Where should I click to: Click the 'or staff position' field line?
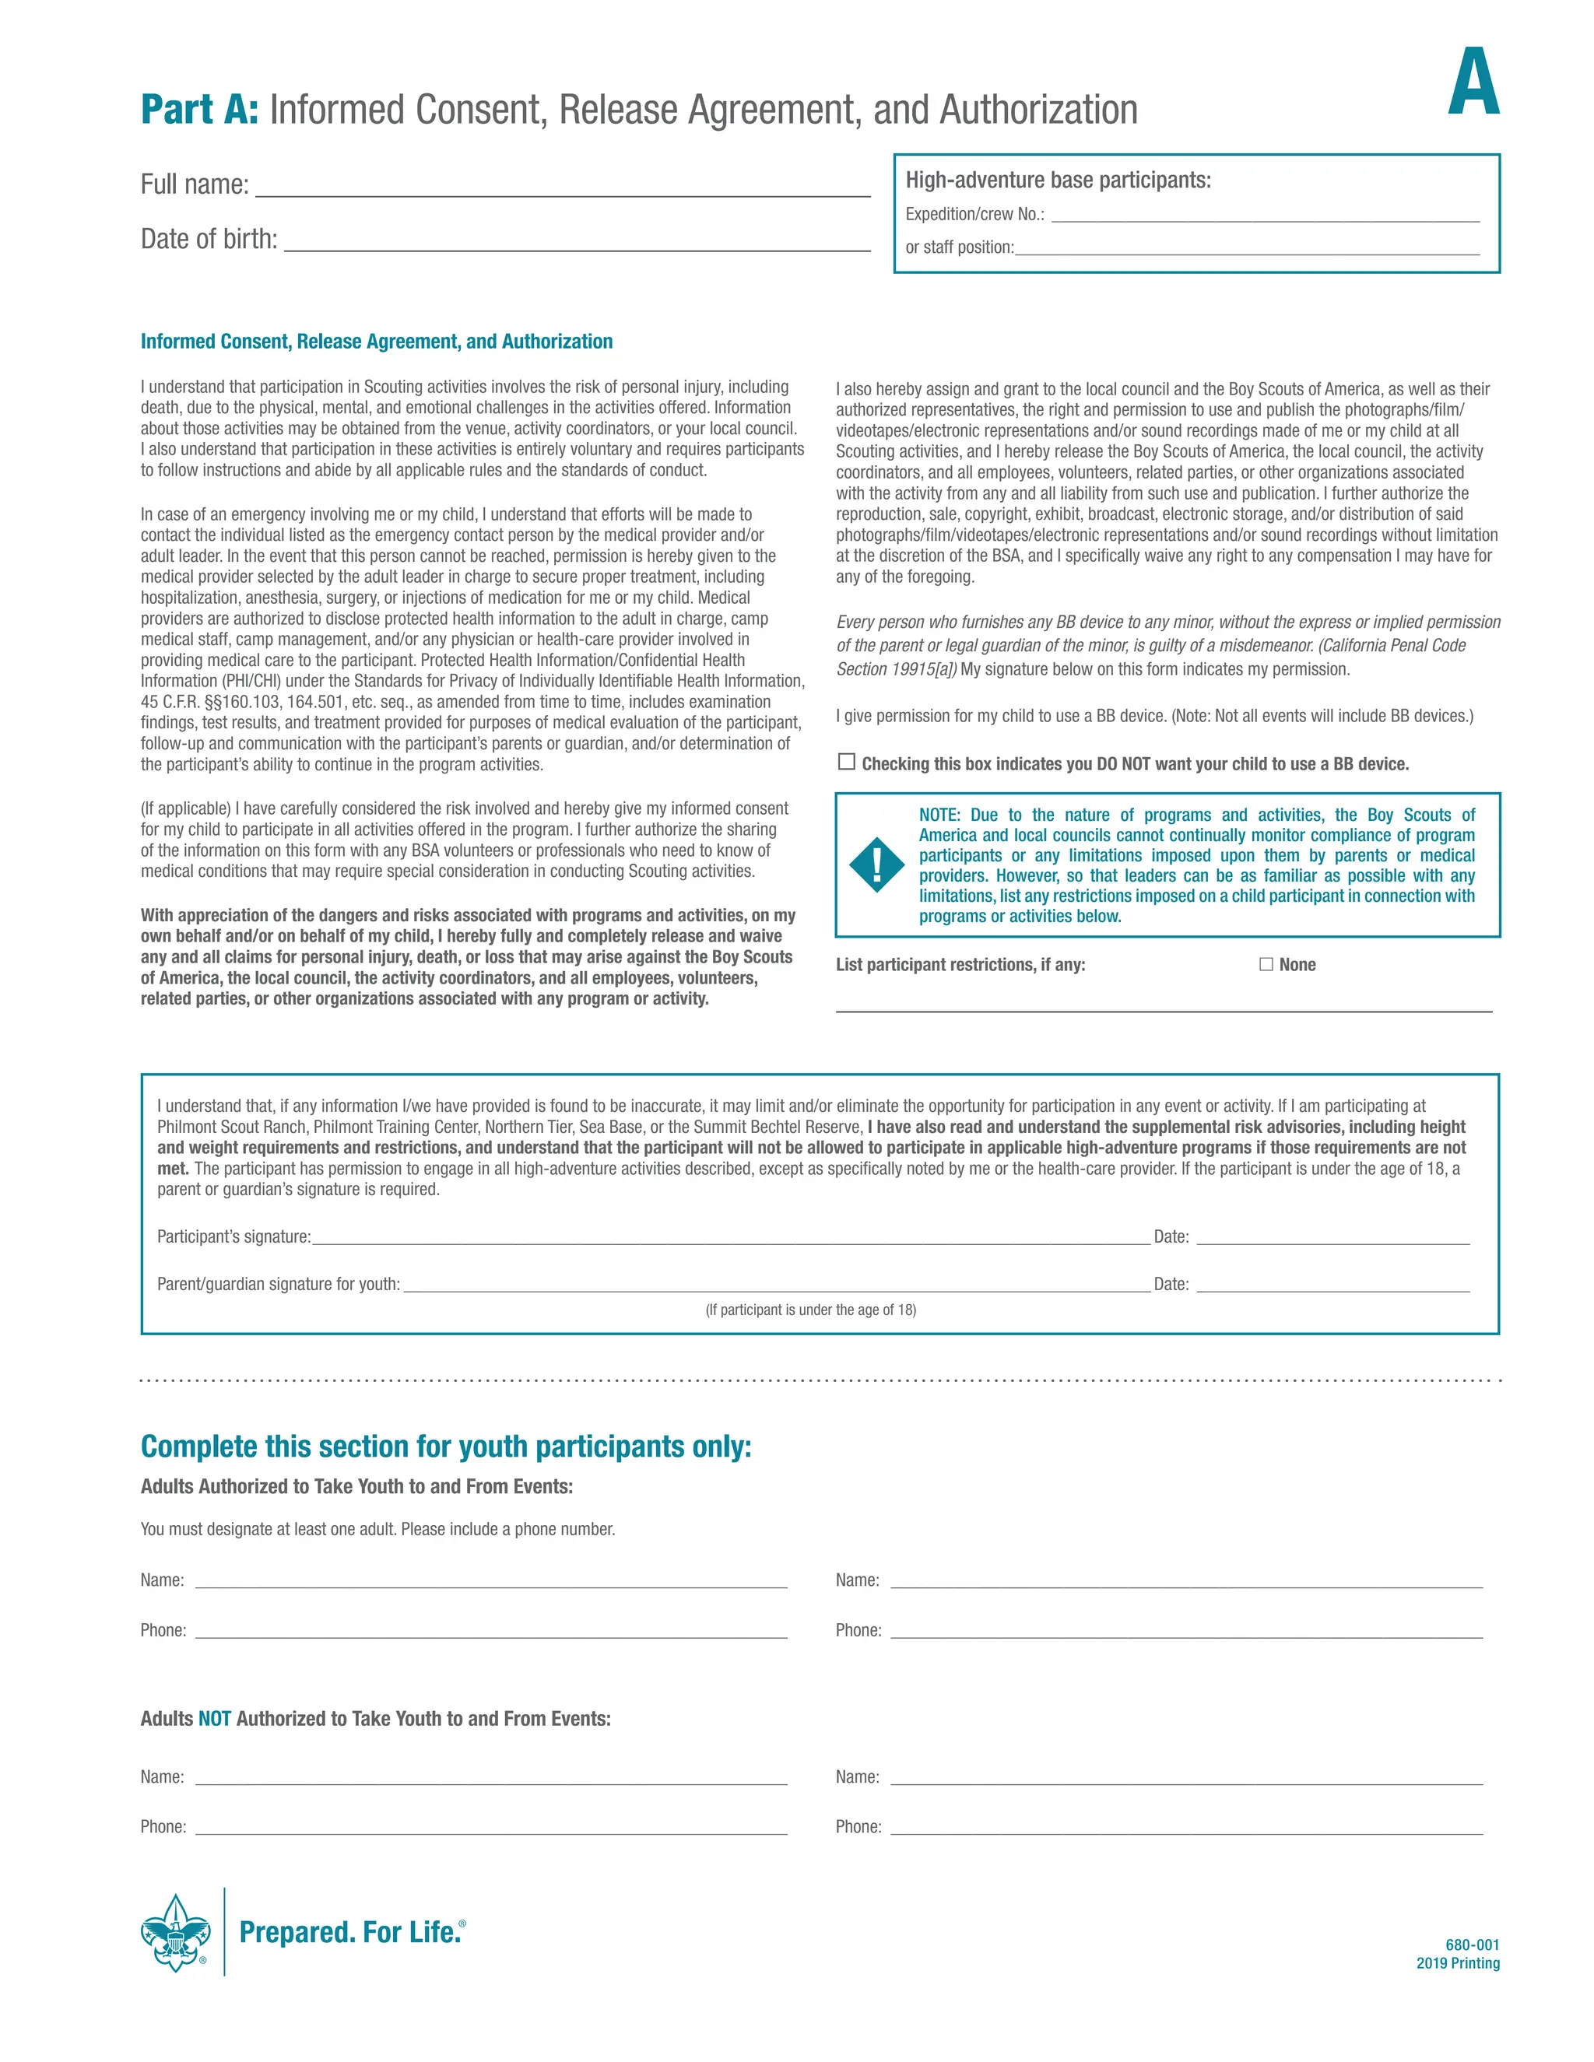1247,247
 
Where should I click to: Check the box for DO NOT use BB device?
847,762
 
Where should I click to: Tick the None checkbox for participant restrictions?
1266,964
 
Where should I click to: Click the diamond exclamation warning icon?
876,864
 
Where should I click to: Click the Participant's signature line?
731,1237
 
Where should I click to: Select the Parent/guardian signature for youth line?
776,1284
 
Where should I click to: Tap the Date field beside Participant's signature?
1332,1237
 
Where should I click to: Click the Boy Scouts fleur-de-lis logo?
176,1932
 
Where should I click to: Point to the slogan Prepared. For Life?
350,1932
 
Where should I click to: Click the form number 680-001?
1471,1944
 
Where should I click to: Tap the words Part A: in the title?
199,110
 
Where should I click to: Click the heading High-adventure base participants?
1058,181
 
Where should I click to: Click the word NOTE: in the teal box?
939,815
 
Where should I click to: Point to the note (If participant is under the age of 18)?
810,1310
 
